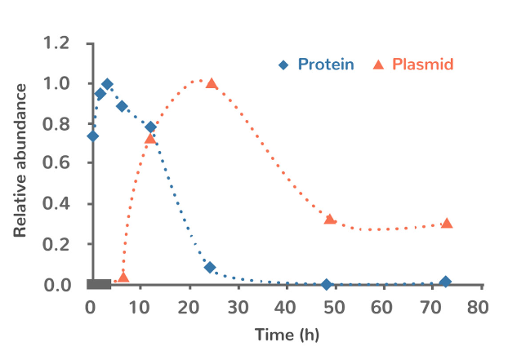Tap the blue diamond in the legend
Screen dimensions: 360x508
pos(283,64)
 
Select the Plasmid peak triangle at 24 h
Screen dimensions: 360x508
pos(212,83)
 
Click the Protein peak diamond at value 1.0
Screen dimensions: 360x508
pos(107,84)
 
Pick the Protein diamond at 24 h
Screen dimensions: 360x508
pos(210,268)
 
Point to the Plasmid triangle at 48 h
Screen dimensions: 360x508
pos(330,219)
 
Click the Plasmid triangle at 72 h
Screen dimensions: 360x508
pos(447,223)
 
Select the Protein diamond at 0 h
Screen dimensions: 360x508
pos(92,136)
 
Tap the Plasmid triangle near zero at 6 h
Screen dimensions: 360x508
pos(123,278)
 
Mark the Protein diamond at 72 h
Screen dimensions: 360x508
pos(445,282)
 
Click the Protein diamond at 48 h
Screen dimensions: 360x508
pos(327,284)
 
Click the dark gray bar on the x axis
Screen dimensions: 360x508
pos(99,284)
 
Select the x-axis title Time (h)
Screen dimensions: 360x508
pos(287,335)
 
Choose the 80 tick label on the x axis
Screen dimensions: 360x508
pos(479,306)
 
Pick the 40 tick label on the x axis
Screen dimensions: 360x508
pos(285,306)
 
